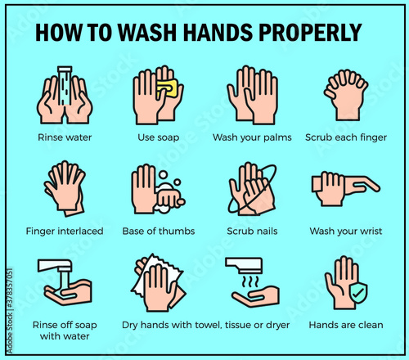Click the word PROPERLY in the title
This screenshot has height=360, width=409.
[310, 33]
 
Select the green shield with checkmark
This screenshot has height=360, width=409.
[358, 293]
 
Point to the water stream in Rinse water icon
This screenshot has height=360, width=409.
[65, 86]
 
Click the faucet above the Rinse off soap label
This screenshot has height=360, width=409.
[56, 266]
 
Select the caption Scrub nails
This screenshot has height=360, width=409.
[252, 232]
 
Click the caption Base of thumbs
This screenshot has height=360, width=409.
[159, 232]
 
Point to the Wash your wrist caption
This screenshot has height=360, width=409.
[346, 232]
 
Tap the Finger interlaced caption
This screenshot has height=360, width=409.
[65, 232]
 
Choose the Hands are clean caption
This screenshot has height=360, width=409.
[346, 325]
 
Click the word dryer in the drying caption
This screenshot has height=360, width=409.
[277, 325]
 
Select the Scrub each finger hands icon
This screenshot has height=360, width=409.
[346, 95]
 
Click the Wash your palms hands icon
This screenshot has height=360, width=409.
[252, 95]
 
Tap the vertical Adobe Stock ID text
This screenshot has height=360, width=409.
[10, 311]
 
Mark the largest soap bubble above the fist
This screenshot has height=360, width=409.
[163, 175]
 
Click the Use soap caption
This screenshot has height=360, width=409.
[159, 137]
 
